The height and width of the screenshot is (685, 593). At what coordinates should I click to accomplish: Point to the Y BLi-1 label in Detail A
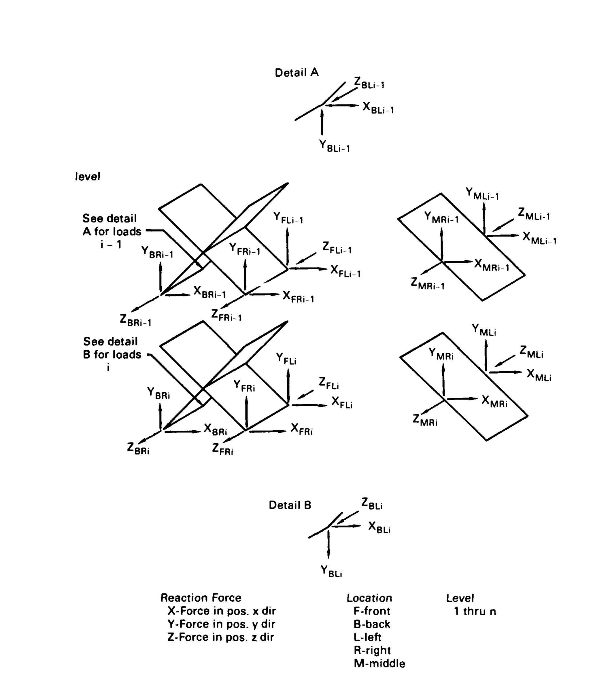(x=334, y=146)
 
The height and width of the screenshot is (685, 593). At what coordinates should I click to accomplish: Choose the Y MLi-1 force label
(x=482, y=194)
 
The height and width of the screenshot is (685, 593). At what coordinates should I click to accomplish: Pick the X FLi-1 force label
(x=345, y=272)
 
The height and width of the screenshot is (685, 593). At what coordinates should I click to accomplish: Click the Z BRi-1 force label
(x=135, y=320)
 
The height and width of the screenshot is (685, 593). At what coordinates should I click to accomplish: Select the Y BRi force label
(x=158, y=393)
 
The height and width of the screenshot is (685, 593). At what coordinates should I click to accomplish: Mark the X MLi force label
(x=539, y=375)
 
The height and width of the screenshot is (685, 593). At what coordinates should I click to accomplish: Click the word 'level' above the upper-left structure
(x=87, y=177)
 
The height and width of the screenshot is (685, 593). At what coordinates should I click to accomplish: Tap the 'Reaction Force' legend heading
(x=201, y=598)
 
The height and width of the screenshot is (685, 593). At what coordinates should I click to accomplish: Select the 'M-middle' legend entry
(x=379, y=663)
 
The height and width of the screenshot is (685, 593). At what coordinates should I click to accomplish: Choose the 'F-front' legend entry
(x=372, y=611)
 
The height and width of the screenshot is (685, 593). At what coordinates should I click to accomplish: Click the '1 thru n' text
(x=475, y=611)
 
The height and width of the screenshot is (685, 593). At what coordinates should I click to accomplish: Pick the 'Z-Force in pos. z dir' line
(x=221, y=637)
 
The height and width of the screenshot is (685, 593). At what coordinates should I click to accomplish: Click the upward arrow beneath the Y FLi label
(x=288, y=386)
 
